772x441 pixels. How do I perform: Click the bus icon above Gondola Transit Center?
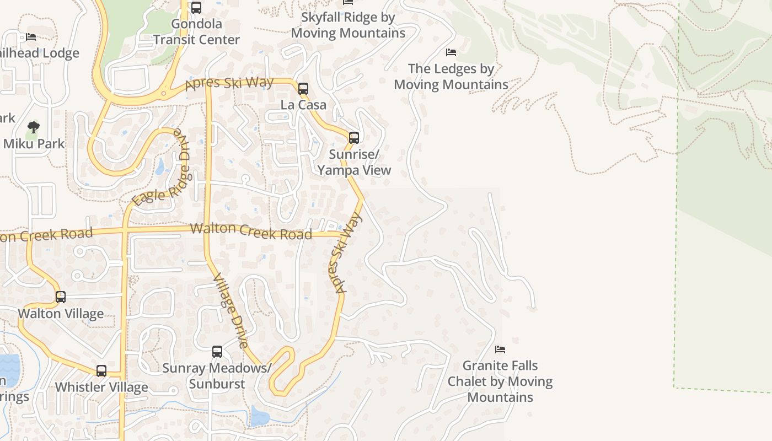coord(196,8)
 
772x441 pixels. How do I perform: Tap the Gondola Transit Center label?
coord(196,32)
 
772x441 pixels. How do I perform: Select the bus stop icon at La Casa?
coord(303,88)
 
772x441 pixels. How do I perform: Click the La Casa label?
coord(303,105)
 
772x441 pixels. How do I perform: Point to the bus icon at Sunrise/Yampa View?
coord(354,137)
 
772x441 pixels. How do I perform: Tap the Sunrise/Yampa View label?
coord(354,162)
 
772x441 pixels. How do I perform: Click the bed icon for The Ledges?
coord(451,52)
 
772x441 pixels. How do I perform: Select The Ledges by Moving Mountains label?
coord(451,77)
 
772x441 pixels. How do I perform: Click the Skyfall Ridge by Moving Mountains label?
coord(348,25)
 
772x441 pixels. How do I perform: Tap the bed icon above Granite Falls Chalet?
coord(500,349)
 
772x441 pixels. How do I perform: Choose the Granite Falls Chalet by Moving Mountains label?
coord(500,381)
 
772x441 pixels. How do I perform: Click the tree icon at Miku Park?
coord(34,127)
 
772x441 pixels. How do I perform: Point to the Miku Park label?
coord(34,144)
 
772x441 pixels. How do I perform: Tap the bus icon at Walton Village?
coord(61,297)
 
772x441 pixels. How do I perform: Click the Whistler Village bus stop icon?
coord(101,371)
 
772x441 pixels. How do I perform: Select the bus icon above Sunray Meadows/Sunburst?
coord(217,351)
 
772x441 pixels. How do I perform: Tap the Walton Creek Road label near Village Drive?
coord(251,230)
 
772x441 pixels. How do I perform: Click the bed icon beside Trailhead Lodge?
coord(31,37)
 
